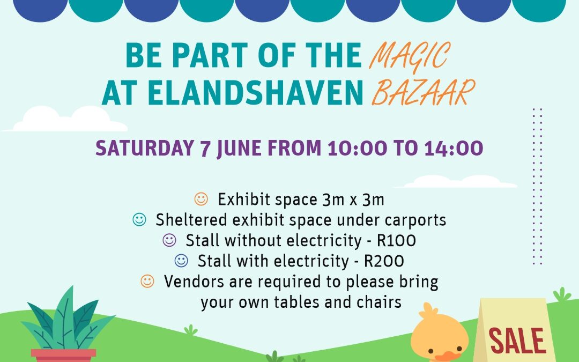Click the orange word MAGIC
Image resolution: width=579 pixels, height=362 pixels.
click(x=410, y=56)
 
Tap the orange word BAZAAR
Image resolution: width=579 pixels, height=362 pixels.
click(x=423, y=92)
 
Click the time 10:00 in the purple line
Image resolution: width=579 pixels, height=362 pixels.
click(x=357, y=148)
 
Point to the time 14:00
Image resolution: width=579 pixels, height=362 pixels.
click(x=454, y=148)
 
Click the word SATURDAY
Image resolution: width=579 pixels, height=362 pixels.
click(x=145, y=148)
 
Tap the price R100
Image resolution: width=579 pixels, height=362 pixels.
click(x=396, y=241)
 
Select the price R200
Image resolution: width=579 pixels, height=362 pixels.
click(x=384, y=261)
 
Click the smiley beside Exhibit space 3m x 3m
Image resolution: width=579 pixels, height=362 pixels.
click(x=201, y=199)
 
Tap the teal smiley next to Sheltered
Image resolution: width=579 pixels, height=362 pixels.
click(x=139, y=219)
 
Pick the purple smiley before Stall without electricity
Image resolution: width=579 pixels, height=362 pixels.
click(x=169, y=240)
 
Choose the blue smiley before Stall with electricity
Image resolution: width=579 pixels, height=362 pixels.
click(x=181, y=261)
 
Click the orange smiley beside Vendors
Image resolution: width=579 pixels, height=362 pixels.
click(x=147, y=281)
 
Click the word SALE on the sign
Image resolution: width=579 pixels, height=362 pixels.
click(x=517, y=341)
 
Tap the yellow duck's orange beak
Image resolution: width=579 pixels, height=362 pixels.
click(x=447, y=357)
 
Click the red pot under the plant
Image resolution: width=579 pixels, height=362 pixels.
click(x=63, y=356)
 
